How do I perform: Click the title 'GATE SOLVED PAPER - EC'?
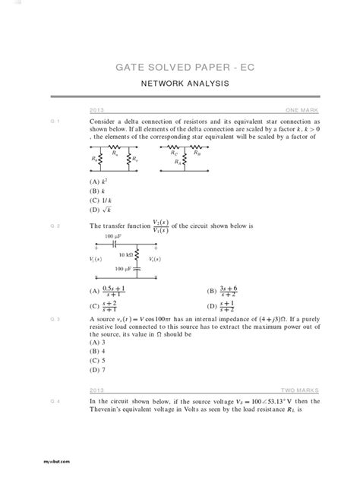(x=180, y=68)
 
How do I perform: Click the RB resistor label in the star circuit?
(x=197, y=151)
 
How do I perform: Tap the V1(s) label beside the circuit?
(x=96, y=260)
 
